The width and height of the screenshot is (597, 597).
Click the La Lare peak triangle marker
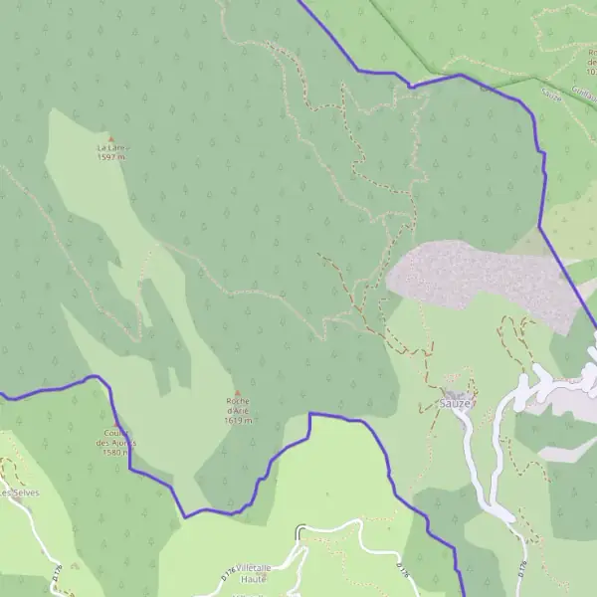pyautogui.click(x=110, y=139)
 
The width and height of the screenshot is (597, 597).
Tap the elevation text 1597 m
pyautogui.click(x=110, y=157)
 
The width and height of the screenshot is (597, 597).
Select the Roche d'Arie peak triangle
pyautogui.click(x=237, y=392)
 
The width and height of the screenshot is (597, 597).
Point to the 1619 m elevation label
pyautogui.click(x=239, y=420)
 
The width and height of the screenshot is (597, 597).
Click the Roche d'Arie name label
pyautogui.click(x=238, y=406)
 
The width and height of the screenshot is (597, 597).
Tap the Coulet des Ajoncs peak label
pyautogui.click(x=117, y=438)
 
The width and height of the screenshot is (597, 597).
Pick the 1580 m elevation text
pyautogui.click(x=116, y=453)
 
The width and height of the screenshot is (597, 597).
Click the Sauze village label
pyautogui.click(x=454, y=404)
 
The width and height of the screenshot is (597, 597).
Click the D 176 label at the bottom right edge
pyautogui.click(x=523, y=569)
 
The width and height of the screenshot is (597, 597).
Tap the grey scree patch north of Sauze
pyautogui.click(x=478, y=274)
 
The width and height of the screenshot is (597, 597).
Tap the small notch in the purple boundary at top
pyautogui.click(x=410, y=86)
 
